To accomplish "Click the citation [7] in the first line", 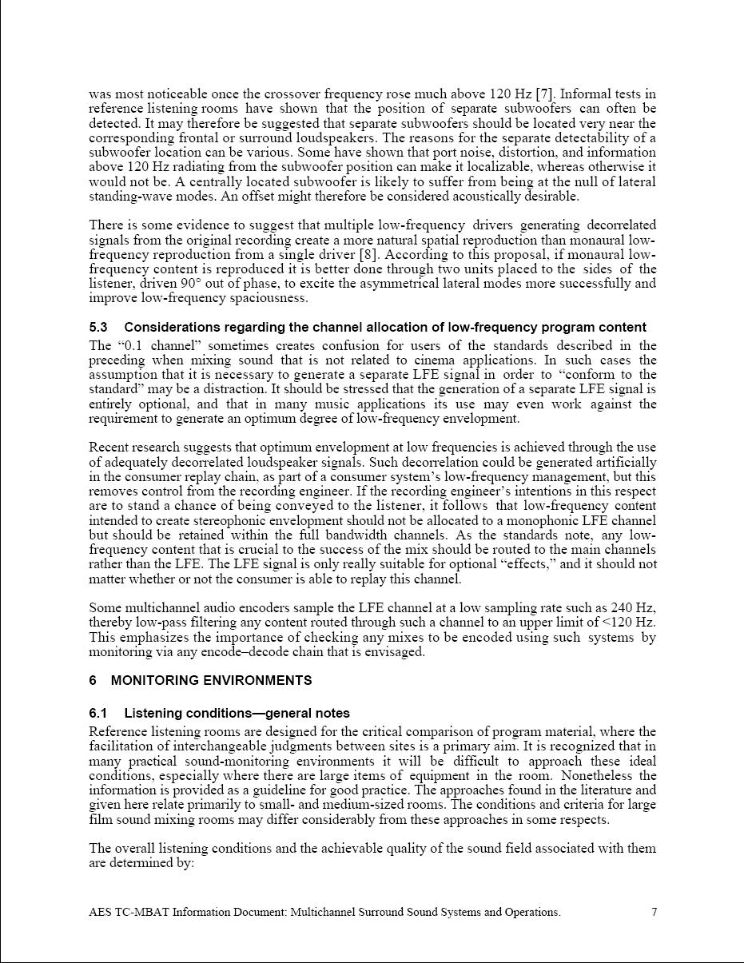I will pos(544,94).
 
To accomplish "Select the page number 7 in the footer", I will pos(654,912).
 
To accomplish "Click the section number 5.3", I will pos(98,327).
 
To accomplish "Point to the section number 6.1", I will pos(98,713).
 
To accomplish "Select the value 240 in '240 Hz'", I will pos(619,608).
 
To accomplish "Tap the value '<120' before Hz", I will pos(621,623).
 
